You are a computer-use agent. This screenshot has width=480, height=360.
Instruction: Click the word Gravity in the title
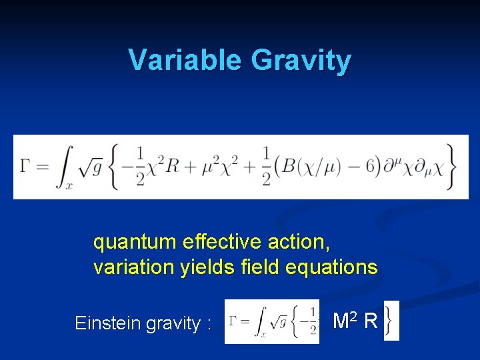301,61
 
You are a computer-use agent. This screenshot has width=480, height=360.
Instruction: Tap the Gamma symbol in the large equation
27,167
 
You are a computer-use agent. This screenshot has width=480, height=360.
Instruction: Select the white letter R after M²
371,321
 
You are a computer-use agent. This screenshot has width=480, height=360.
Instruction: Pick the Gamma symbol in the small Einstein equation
233,321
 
